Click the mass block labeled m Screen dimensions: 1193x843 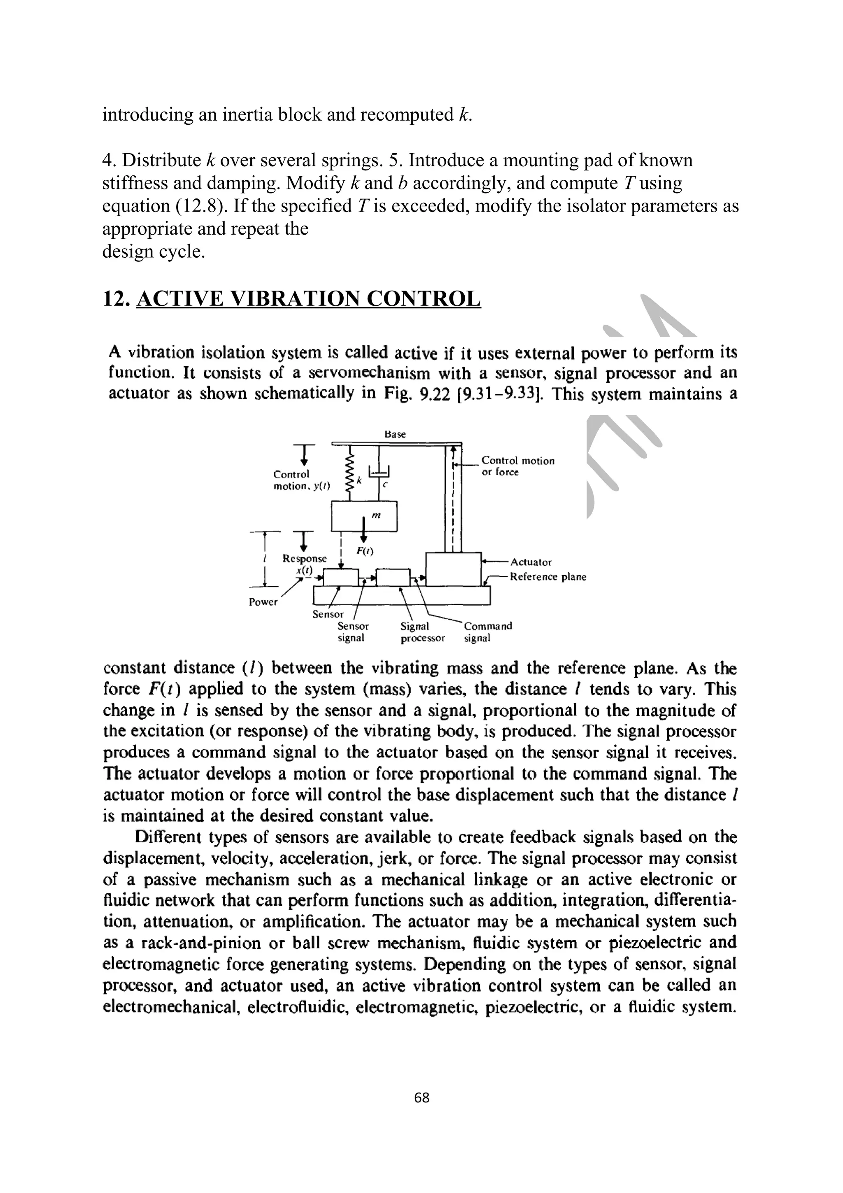pos(364,515)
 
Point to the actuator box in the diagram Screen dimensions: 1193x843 pos(453,569)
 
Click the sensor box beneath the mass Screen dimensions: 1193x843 pos(341,577)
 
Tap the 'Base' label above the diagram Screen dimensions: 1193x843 pos(395,434)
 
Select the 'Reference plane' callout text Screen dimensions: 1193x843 pos(548,577)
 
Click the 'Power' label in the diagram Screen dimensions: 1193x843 pos(263,602)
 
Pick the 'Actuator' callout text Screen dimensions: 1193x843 pos(531,562)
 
